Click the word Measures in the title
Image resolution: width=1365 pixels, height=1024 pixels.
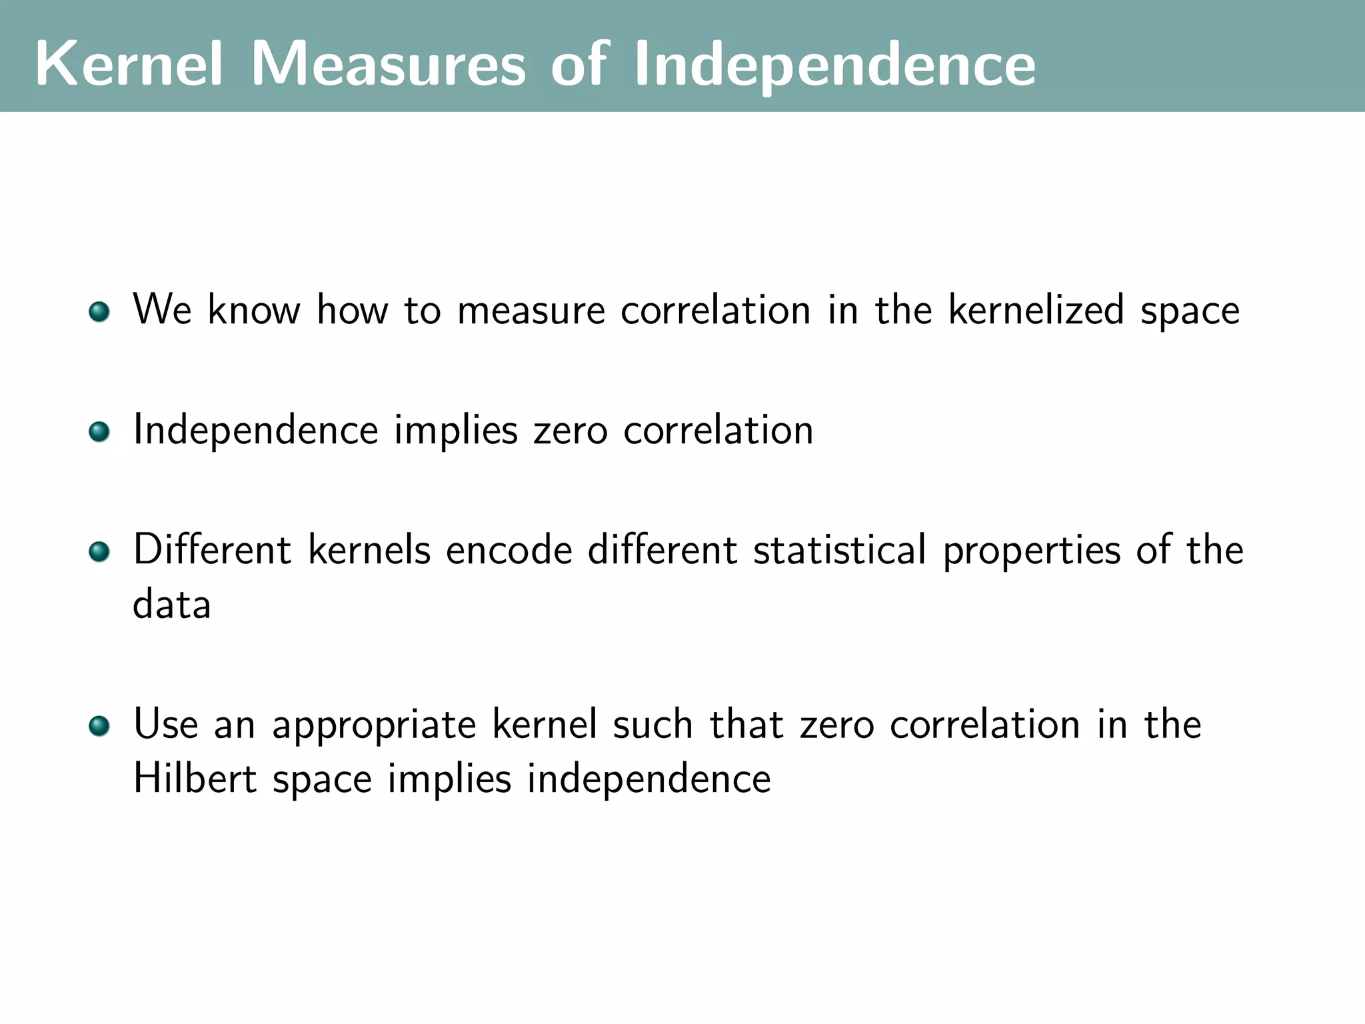click(x=388, y=64)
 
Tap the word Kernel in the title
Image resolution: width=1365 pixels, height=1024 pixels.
click(x=129, y=64)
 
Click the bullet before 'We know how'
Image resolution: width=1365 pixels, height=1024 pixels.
click(x=99, y=311)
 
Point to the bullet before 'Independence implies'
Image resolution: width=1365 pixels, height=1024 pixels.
click(x=99, y=431)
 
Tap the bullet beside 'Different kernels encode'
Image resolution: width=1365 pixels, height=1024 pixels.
click(x=99, y=551)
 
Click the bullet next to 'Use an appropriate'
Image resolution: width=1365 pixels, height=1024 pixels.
click(x=99, y=726)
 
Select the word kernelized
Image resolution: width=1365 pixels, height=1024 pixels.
click(x=1036, y=310)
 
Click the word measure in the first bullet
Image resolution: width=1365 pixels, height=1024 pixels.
click(x=531, y=311)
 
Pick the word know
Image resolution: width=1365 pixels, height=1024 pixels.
click(x=254, y=310)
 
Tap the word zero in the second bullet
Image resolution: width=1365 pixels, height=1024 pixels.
click(x=571, y=431)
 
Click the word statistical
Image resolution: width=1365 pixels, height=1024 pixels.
click(x=840, y=550)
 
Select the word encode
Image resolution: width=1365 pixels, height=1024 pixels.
click(x=509, y=551)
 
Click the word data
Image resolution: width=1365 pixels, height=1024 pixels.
click(x=172, y=605)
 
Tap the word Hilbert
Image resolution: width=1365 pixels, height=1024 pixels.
click(x=195, y=778)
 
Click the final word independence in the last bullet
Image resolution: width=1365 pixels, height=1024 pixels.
click(x=649, y=779)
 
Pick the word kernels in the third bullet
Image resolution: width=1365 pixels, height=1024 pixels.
click(x=369, y=550)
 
